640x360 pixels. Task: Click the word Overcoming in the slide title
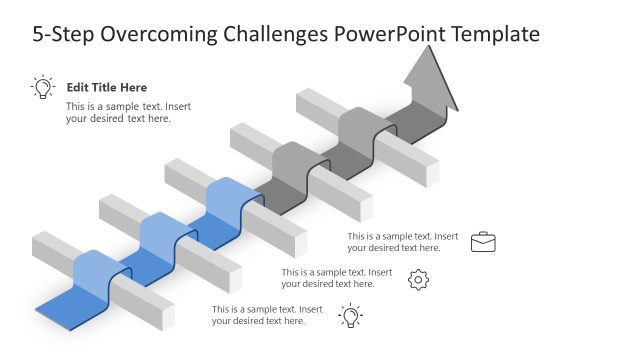coord(155,35)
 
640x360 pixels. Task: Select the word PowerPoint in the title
coord(390,35)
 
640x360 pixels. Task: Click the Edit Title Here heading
coord(106,88)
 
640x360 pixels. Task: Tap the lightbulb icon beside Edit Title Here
coord(43,88)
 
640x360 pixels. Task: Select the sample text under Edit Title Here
coord(118,112)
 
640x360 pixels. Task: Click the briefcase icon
coord(483,242)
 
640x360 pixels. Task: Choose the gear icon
coord(419,280)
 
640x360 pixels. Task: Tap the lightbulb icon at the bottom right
coord(350,316)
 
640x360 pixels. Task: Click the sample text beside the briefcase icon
coord(403,242)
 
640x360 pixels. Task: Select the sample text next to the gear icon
coord(336,278)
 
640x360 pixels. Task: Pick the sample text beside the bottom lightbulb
coord(267,315)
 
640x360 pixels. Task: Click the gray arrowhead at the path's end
coord(430,80)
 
